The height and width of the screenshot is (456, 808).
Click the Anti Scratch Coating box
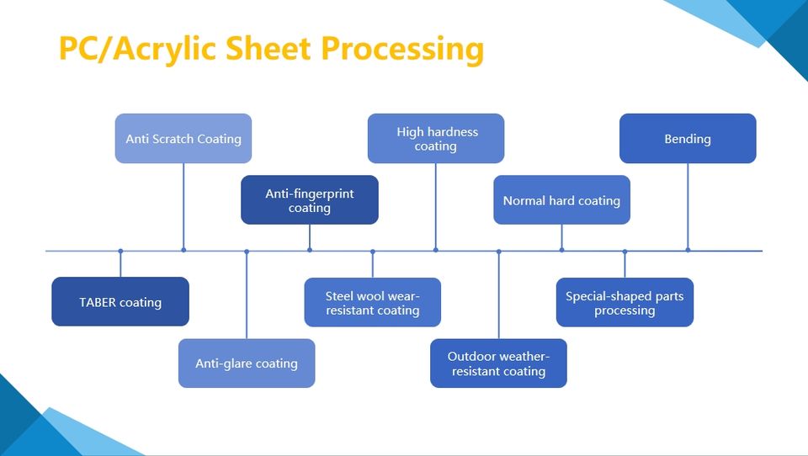tap(183, 138)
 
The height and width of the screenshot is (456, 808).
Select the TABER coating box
tap(120, 301)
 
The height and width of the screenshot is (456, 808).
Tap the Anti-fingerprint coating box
tap(310, 200)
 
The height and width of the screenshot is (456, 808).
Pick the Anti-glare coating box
tap(247, 363)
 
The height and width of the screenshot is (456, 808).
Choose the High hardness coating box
tap(436, 138)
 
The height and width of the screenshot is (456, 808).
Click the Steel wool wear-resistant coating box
tap(372, 302)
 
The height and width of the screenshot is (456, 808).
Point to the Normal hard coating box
tap(561, 200)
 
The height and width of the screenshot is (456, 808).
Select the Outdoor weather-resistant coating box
tap(498, 363)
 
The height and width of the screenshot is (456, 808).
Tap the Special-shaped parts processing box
tap(625, 302)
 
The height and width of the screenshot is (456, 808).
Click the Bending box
tap(688, 138)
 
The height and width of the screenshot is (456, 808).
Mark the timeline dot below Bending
tap(688, 250)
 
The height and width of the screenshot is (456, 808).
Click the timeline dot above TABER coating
tap(120, 251)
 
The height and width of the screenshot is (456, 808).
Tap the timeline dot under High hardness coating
tap(436, 250)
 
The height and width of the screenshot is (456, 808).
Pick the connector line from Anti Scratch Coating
tap(183, 206)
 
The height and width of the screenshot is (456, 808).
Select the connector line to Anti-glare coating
tap(247, 294)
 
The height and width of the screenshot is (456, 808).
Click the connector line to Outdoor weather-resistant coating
tap(498, 294)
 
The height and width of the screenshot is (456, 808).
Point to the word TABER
tap(97, 302)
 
